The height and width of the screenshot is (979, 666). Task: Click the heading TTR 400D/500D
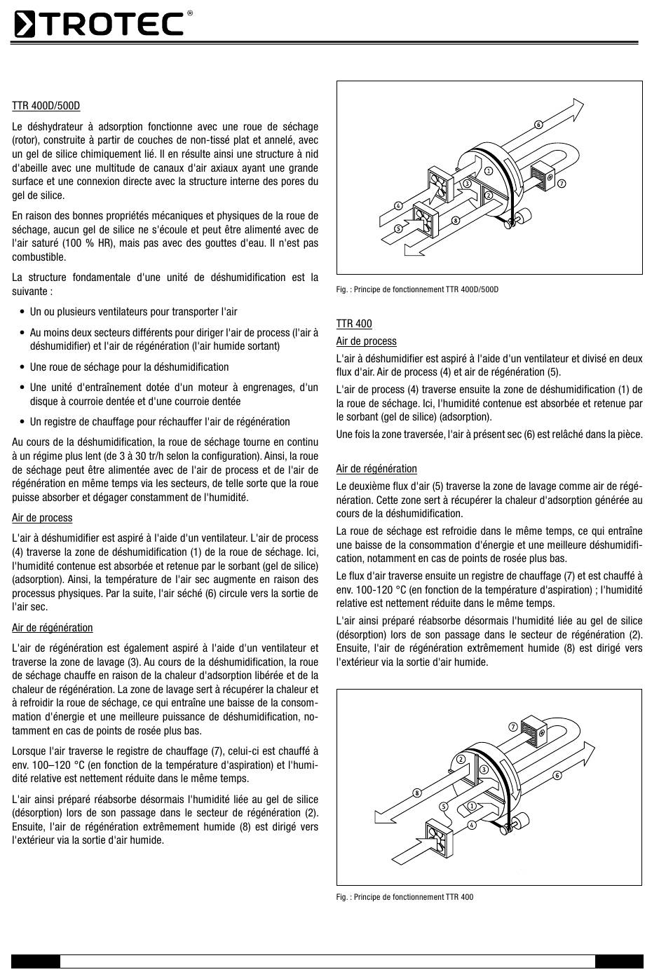click(46, 106)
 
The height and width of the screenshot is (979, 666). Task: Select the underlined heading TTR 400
click(354, 324)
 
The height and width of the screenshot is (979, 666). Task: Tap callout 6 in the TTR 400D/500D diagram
click(538, 125)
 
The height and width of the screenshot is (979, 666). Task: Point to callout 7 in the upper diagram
click(562, 183)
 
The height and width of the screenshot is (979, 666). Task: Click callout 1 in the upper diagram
click(488, 170)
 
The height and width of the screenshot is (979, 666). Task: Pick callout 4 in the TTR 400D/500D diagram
click(398, 206)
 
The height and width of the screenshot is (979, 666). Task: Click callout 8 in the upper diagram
click(456, 220)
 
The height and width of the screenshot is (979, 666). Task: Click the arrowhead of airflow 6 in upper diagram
click(576, 108)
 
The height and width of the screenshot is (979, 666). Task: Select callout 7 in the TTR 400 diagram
click(513, 726)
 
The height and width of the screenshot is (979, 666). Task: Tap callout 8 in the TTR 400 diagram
click(416, 793)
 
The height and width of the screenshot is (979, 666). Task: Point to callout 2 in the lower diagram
click(461, 760)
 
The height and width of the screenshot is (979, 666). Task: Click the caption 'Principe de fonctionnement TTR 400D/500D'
click(417, 289)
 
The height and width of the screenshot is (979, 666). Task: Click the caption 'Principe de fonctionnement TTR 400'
click(405, 897)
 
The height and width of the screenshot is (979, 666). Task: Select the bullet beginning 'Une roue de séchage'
click(129, 367)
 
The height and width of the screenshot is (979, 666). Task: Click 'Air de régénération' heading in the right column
click(376, 469)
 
